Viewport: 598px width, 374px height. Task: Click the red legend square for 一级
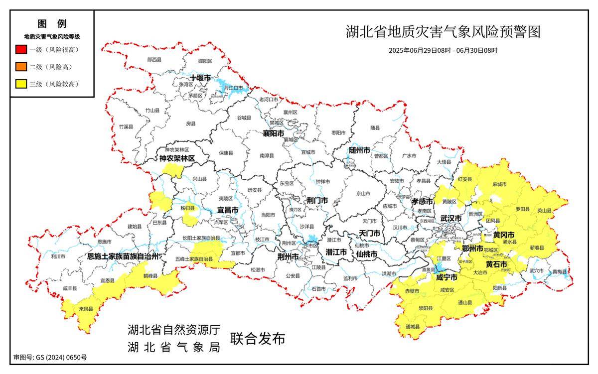click(x=21, y=49)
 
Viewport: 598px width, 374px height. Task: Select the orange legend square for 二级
click(x=21, y=67)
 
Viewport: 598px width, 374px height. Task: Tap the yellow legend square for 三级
click(x=21, y=84)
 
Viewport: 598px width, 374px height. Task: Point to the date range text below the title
click(x=443, y=50)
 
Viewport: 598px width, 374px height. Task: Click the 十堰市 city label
click(x=200, y=79)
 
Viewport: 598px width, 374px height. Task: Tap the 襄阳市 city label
click(x=274, y=134)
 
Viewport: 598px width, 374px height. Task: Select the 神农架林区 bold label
click(x=177, y=158)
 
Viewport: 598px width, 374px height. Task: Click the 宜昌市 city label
click(x=227, y=211)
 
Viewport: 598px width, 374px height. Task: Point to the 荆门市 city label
click(x=317, y=200)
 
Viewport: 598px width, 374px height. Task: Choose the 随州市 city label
click(x=359, y=150)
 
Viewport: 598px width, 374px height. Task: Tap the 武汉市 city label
click(x=450, y=219)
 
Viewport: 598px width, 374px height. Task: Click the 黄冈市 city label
click(x=504, y=235)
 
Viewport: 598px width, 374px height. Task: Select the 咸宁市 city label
click(x=447, y=277)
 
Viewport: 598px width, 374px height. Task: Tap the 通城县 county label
click(x=413, y=327)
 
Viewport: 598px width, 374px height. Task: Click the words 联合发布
click(x=257, y=339)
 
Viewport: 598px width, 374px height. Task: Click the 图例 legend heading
click(x=51, y=23)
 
